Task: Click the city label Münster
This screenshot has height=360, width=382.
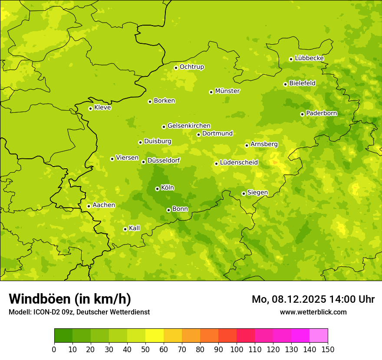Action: pos(227,91)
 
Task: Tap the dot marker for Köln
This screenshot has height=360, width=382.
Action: pos(157,189)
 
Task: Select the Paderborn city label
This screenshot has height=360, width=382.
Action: pos(322,113)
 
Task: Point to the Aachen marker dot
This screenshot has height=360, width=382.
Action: pos(89,206)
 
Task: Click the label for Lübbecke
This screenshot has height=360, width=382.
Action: pos(309,58)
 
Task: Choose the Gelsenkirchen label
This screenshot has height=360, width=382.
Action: pos(189,126)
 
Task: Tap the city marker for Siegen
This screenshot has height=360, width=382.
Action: pos(244,193)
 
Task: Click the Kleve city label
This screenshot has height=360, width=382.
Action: pos(102,108)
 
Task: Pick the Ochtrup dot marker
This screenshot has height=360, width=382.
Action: pos(176,68)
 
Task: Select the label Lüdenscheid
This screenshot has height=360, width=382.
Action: pos(239,163)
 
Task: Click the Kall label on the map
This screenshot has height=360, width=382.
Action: pos(135,228)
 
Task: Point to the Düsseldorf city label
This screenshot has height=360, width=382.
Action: pos(164,160)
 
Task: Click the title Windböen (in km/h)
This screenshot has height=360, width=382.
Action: pos(70,299)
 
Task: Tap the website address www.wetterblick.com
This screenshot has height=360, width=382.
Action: pos(313,312)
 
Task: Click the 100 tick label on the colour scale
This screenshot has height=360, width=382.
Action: pos(237,349)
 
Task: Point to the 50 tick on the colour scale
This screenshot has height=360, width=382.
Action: pos(145,349)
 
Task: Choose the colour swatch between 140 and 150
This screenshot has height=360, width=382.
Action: pos(319,336)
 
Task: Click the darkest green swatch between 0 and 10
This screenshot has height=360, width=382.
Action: pos(63,336)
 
